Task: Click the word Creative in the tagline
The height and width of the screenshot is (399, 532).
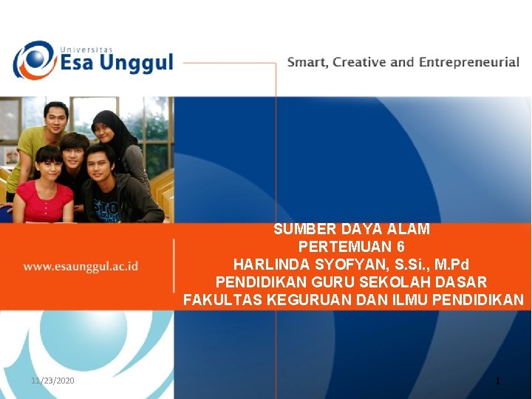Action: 359,62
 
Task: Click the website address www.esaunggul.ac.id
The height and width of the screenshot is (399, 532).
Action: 81,266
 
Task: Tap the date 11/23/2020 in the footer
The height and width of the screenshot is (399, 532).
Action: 52,380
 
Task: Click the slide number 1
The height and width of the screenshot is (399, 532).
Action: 498,381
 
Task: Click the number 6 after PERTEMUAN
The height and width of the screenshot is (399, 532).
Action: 400,247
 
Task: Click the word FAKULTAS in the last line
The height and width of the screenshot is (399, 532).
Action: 219,300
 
